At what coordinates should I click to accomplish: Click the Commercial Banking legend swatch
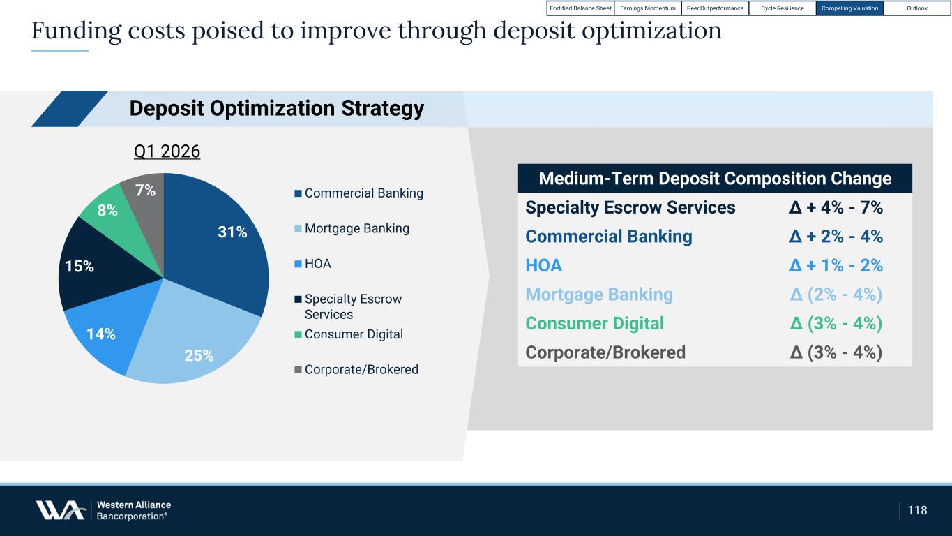click(298, 193)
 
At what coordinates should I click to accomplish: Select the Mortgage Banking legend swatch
click(298, 229)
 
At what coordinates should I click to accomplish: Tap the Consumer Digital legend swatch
click(298, 335)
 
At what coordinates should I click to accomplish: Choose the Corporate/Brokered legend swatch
click(298, 370)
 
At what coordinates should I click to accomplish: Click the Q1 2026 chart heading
click(167, 151)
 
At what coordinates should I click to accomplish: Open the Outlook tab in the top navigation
click(917, 8)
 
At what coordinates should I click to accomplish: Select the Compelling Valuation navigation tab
click(849, 8)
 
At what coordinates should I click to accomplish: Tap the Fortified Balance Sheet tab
click(580, 8)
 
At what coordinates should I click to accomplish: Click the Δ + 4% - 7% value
click(836, 207)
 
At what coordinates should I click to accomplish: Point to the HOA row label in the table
click(543, 265)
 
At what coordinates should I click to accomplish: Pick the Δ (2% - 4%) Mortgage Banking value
click(836, 295)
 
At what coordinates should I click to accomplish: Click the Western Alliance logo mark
click(60, 510)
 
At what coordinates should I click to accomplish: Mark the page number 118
click(917, 510)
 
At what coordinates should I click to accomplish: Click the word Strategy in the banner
click(382, 109)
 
